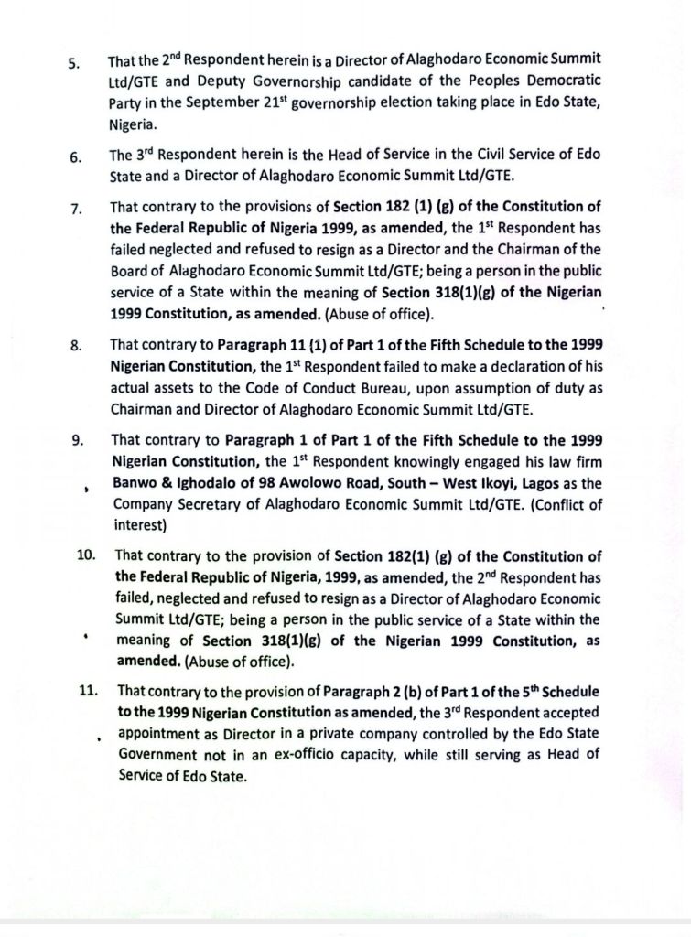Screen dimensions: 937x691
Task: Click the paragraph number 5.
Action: (x=74, y=64)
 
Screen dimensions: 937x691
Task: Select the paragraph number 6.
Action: (x=75, y=156)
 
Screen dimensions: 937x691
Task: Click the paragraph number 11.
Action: (x=88, y=692)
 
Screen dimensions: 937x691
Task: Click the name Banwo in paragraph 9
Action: (x=135, y=481)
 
